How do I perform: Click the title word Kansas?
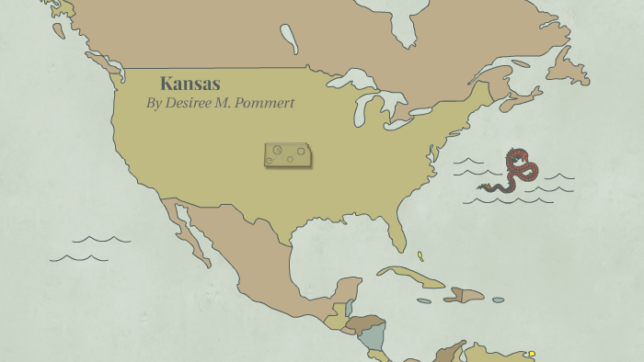(190, 84)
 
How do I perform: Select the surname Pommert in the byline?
(267, 103)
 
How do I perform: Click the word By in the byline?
(154, 103)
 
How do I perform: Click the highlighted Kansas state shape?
(287, 155)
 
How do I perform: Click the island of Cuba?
(409, 277)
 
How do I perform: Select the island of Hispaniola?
(465, 295)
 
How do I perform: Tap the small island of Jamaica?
(423, 300)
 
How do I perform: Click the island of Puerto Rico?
(498, 300)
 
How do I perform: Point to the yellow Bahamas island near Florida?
(420, 256)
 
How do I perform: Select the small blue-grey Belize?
(351, 309)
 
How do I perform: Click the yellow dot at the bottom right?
(532, 353)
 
